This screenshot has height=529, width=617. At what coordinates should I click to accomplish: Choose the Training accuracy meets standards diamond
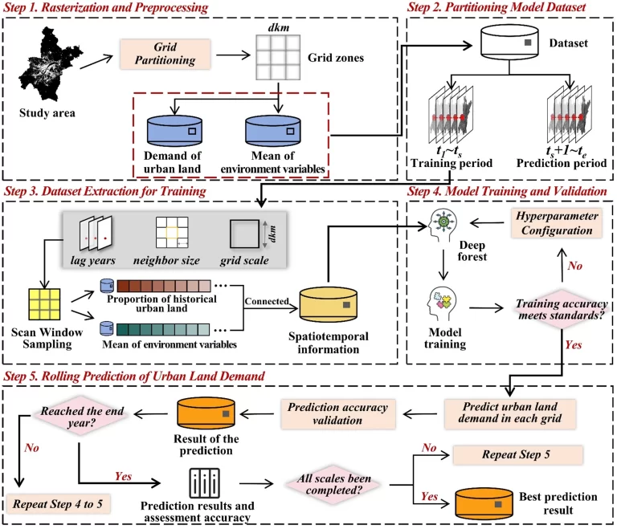[543, 308]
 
